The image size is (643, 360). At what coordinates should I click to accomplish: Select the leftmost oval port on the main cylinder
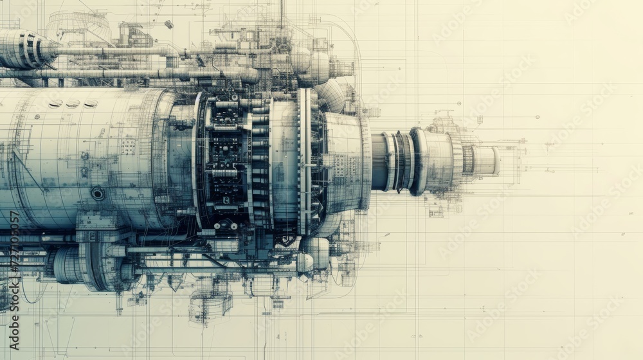55,104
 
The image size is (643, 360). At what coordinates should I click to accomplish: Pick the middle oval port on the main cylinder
73,104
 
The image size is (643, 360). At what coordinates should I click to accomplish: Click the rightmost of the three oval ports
90,104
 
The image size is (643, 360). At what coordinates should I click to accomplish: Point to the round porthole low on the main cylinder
98,193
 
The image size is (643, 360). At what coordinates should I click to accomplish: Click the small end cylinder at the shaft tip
486,161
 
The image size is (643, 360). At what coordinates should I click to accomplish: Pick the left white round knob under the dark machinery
217,226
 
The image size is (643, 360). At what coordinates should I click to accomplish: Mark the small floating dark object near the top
168,24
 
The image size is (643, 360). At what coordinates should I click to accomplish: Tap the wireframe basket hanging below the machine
209,307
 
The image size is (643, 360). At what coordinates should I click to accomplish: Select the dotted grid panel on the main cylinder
128,147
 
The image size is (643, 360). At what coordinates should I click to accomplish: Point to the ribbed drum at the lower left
68,265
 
